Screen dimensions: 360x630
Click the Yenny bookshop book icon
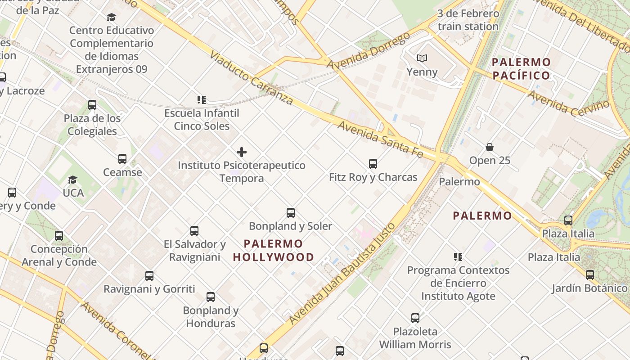pyautogui.click(x=422, y=58)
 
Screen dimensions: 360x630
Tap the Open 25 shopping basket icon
pyautogui.click(x=490, y=147)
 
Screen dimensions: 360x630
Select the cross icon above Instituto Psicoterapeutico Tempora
pyautogui.click(x=242, y=152)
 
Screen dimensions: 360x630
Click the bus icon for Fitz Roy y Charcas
pyautogui.click(x=373, y=164)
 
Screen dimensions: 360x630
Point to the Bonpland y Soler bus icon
pyautogui.click(x=291, y=213)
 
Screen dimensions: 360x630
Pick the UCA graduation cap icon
pyautogui.click(x=72, y=180)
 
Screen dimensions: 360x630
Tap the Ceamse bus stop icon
pyautogui.click(x=122, y=159)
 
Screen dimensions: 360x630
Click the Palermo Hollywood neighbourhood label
pyautogui.click(x=274, y=251)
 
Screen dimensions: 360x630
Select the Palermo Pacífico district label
pyautogui.click(x=522, y=69)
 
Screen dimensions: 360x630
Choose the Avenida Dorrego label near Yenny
pyautogui.click(x=369, y=51)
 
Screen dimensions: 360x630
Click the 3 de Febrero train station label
pyautogui.click(x=468, y=20)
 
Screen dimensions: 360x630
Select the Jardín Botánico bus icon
pyautogui.click(x=589, y=275)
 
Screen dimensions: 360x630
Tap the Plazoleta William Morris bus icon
pyautogui.click(x=415, y=318)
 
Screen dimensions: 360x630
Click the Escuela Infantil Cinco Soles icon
pyautogui.click(x=202, y=99)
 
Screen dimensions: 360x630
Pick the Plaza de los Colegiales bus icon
pyautogui.click(x=92, y=105)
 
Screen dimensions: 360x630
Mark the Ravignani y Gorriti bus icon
pyautogui.click(x=149, y=276)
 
